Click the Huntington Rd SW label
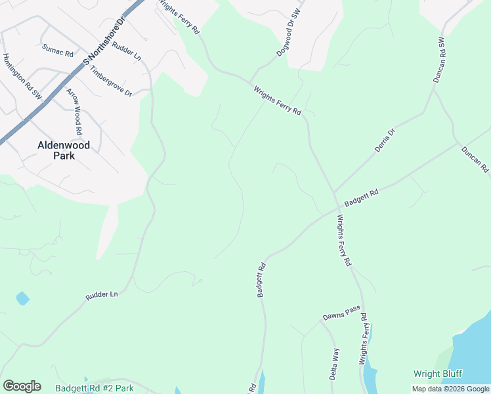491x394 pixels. (22, 77)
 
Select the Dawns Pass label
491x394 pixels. (341, 315)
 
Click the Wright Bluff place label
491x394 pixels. (438, 374)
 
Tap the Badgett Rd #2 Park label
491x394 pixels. (95, 388)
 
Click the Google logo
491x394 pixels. (22, 386)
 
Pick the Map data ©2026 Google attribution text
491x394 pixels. (450, 389)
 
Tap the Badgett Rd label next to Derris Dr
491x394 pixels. (362, 199)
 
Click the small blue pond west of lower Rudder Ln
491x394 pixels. (23, 298)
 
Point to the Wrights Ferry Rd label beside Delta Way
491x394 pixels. (362, 343)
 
